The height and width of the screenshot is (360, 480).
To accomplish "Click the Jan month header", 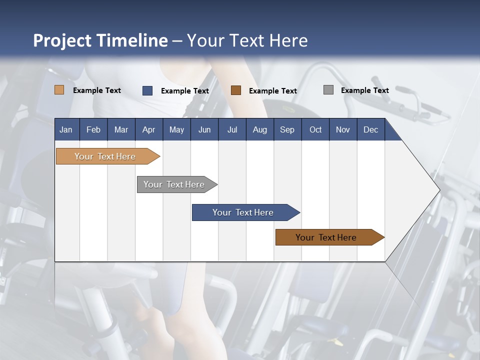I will click(66, 129).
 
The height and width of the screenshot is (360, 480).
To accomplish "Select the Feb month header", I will click(93, 129).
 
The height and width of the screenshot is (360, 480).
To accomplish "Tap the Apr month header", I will click(148, 129).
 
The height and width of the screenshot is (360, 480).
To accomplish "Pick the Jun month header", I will click(204, 129).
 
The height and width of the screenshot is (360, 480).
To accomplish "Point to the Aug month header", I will click(259, 129).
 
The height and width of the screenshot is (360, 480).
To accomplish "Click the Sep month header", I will click(287, 129).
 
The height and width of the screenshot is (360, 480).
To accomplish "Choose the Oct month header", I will click(315, 129).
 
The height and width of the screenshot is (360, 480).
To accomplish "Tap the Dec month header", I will click(370, 129).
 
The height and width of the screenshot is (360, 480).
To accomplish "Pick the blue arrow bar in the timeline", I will click(243, 212).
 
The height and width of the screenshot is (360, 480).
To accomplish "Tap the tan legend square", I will click(59, 90).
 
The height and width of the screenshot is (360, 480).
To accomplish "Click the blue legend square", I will click(147, 90).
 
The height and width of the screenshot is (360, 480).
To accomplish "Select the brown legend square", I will click(235, 90).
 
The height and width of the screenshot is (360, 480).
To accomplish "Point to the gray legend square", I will click(328, 90).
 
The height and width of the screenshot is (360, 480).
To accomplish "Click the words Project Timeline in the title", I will click(100, 40).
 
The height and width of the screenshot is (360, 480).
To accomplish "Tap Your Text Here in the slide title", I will click(247, 40).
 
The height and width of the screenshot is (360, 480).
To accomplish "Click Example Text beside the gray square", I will click(364, 90).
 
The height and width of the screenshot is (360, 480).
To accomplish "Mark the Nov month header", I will click(343, 129).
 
